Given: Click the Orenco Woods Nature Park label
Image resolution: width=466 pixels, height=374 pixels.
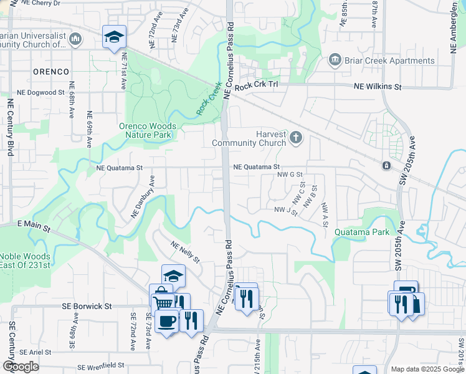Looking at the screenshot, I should coord(148,130).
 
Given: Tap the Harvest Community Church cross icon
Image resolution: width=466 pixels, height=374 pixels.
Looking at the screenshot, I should coord(296,138).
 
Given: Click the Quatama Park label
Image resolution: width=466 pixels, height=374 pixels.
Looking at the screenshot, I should coord(362,232).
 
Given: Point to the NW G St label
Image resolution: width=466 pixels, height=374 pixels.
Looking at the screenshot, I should coord(290,175).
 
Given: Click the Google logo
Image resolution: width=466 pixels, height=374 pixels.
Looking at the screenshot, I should coord(21,367).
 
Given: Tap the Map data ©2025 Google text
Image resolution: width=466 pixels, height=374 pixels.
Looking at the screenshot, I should coord(427,369).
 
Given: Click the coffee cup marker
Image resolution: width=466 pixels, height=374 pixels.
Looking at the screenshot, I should coord(166,321).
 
